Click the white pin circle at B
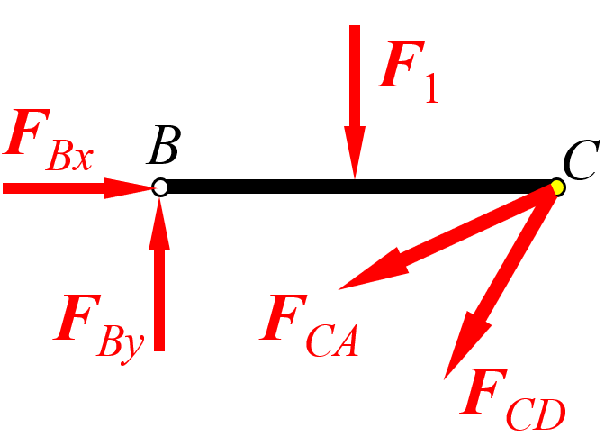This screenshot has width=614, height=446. point(160,187)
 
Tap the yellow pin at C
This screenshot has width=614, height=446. point(557,187)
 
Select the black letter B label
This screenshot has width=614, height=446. point(164,145)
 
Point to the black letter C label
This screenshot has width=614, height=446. point(581,159)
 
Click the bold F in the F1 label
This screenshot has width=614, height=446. point(401,64)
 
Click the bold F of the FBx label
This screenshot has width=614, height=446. point(26,132)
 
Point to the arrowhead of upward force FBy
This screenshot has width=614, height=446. point(159,223)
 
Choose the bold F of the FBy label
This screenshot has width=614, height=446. point(77,317)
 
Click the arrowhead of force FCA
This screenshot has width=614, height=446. point(373,270)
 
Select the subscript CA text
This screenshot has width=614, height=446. point(332,341)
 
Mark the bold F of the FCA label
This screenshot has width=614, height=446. point(284,317)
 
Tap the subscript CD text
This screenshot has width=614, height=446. point(536,414)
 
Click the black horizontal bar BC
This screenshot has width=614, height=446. point(358,187)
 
